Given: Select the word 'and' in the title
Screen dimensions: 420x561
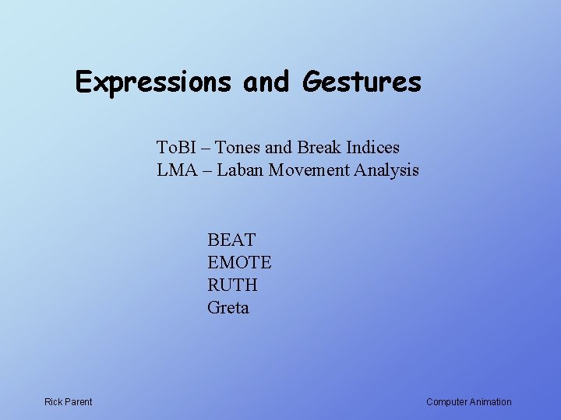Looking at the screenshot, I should (x=266, y=82).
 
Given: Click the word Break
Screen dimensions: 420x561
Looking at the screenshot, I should (x=319, y=147).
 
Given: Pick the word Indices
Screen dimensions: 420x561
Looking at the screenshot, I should (x=372, y=147).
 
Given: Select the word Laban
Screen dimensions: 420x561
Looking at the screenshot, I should (x=241, y=170).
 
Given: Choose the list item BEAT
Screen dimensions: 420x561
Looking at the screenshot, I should (x=231, y=240).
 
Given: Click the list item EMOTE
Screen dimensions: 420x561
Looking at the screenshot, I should (x=239, y=263).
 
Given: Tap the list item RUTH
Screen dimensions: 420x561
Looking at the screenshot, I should (x=232, y=285).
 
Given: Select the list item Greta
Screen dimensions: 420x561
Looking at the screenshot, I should (x=228, y=308).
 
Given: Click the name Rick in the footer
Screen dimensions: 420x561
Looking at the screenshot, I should (x=54, y=402).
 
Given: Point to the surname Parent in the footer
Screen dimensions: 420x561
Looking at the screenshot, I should (x=79, y=402).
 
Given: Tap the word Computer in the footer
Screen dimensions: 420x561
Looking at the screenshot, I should (x=447, y=402).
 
